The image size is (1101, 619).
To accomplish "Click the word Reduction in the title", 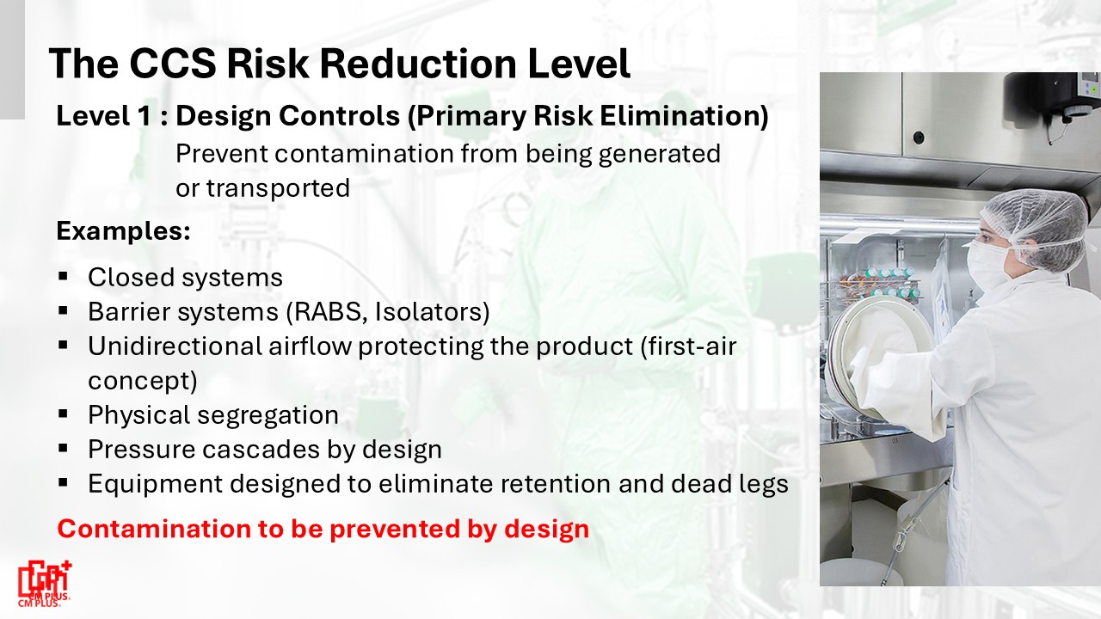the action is tap(418, 64).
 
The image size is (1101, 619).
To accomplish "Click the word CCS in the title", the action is tap(173, 64).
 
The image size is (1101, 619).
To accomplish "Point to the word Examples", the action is tap(123, 231).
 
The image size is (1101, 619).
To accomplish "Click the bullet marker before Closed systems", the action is tap(63, 276).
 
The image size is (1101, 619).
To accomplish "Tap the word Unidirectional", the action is tap(175, 346).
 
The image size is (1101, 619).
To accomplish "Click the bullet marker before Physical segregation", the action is tap(63, 414).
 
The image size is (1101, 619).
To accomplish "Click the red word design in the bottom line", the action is tap(546, 530).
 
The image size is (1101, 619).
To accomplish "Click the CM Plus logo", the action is tap(45, 584).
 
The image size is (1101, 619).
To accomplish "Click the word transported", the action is tap(278, 188).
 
